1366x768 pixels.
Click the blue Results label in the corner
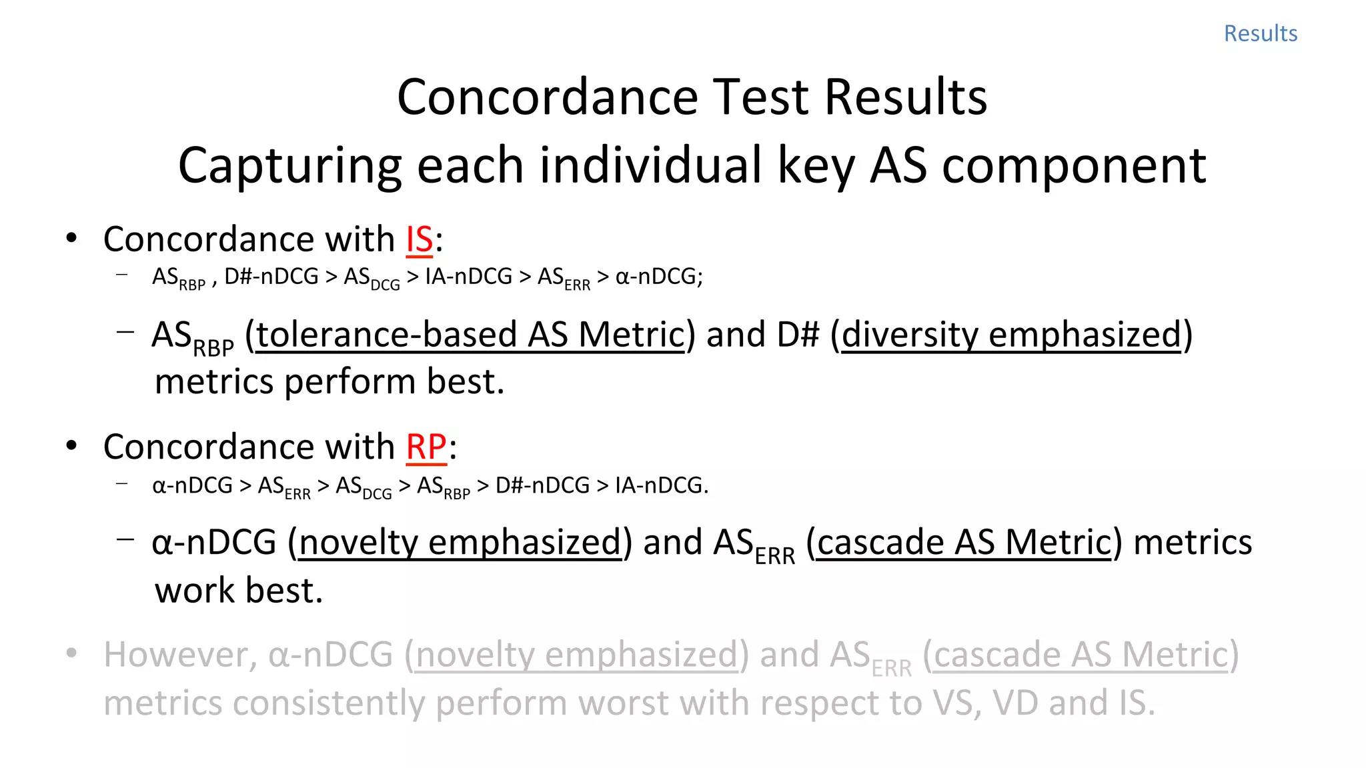pyautogui.click(x=1260, y=33)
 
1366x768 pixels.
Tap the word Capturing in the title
pyautogui.click(x=289, y=165)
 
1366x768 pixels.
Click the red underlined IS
pyautogui.click(x=420, y=239)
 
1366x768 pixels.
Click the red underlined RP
pyautogui.click(x=426, y=447)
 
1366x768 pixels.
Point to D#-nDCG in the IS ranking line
pyautogui.click(x=271, y=276)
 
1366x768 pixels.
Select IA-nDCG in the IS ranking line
pyautogui.click(x=468, y=276)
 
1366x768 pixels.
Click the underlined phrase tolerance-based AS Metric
pyautogui.click(x=470, y=335)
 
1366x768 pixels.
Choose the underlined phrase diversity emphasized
pyautogui.click(x=1011, y=335)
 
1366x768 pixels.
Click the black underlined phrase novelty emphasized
pyautogui.click(x=460, y=542)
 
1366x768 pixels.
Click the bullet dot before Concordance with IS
pyautogui.click(x=71, y=238)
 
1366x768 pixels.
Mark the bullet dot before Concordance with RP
pyautogui.click(x=71, y=445)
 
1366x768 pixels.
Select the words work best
pyautogui.click(x=239, y=591)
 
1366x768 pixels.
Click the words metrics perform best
pyautogui.click(x=329, y=382)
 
